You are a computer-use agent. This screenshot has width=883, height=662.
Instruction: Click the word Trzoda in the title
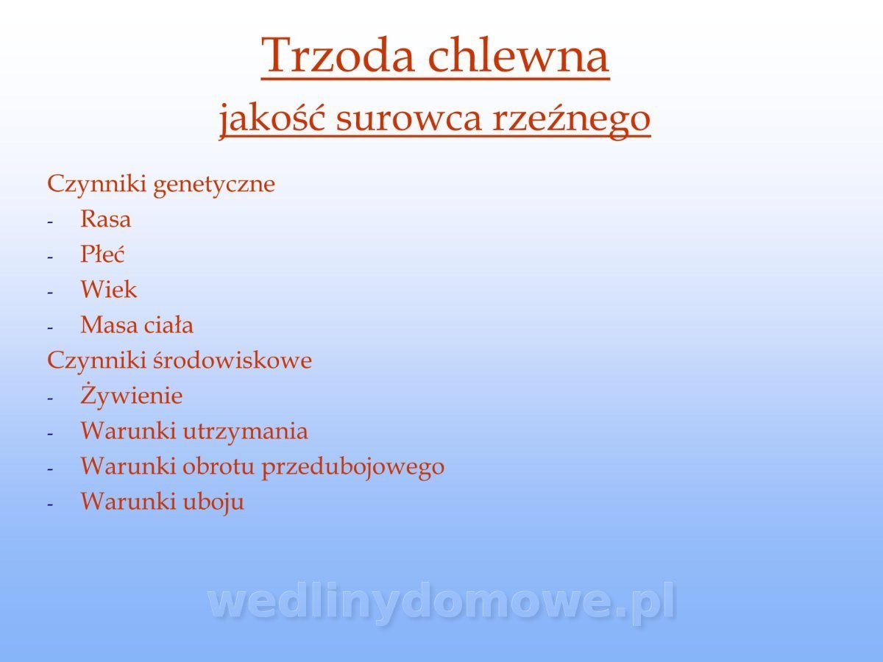click(338, 54)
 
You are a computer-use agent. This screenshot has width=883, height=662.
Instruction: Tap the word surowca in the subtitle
click(408, 120)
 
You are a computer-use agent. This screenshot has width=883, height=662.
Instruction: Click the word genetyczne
click(214, 185)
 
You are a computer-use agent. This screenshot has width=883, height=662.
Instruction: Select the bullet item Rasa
click(105, 219)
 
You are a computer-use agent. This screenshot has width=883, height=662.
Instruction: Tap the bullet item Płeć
click(102, 254)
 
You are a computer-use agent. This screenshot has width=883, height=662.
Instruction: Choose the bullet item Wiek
click(109, 289)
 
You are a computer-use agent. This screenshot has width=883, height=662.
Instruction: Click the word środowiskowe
click(232, 360)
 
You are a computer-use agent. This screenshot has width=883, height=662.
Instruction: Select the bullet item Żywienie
click(131, 396)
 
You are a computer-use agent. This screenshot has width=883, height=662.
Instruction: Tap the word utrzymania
click(245, 432)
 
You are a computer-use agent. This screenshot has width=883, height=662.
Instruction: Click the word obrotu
click(219, 466)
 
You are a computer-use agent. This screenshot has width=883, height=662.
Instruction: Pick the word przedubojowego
click(352, 468)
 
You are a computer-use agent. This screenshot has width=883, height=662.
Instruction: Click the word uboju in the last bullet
click(213, 502)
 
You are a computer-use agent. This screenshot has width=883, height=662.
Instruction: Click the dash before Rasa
click(50, 222)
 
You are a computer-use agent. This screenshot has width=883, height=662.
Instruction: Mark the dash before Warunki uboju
click(50, 505)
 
